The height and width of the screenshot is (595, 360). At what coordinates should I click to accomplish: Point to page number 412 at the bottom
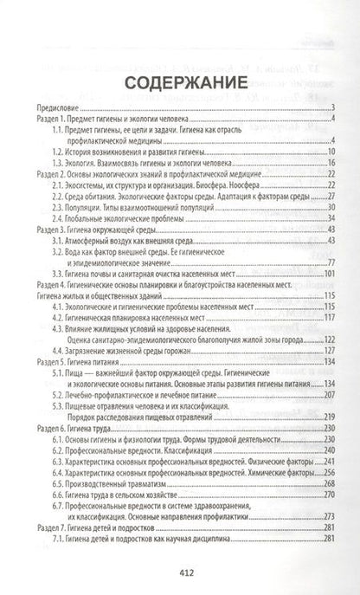(179, 572)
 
